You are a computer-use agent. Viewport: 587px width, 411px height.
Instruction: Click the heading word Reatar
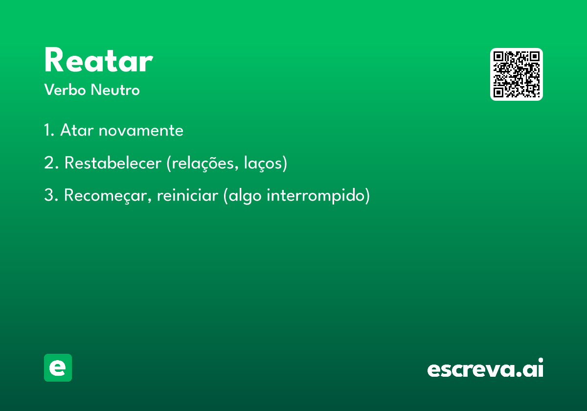pos(98,60)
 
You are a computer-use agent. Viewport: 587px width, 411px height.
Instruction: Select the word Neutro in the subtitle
pos(115,90)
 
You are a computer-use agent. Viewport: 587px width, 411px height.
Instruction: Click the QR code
pos(516,74)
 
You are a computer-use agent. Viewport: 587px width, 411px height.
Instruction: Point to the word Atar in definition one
pos(76,130)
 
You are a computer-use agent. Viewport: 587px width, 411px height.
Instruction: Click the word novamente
pos(141,131)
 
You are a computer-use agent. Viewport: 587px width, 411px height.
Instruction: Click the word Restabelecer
pos(113,163)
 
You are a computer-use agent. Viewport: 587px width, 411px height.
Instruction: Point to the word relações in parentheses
pos(205,163)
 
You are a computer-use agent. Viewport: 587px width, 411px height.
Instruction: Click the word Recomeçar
pos(108,196)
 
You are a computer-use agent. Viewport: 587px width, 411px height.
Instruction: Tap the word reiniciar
pos(187,195)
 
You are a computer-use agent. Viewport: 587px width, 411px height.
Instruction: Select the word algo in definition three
pos(245,196)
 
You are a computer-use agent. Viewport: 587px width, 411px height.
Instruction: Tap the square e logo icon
pos(58,367)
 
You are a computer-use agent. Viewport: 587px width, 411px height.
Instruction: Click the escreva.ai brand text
pos(485,368)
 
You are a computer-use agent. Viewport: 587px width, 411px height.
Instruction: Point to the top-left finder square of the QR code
pos(498,56)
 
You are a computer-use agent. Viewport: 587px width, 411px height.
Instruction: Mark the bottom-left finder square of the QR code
pos(498,92)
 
